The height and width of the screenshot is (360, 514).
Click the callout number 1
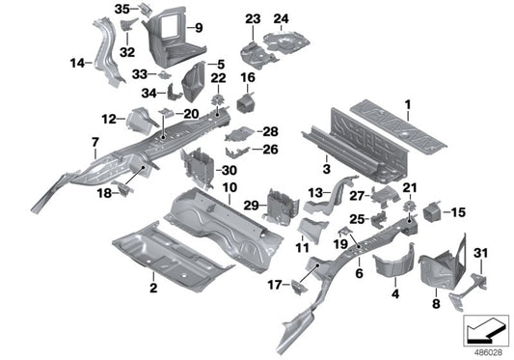tap(407, 103)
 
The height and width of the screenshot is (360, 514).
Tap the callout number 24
tap(281, 18)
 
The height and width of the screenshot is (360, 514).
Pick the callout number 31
tap(482, 253)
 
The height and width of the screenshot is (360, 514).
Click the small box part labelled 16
tap(247, 100)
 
